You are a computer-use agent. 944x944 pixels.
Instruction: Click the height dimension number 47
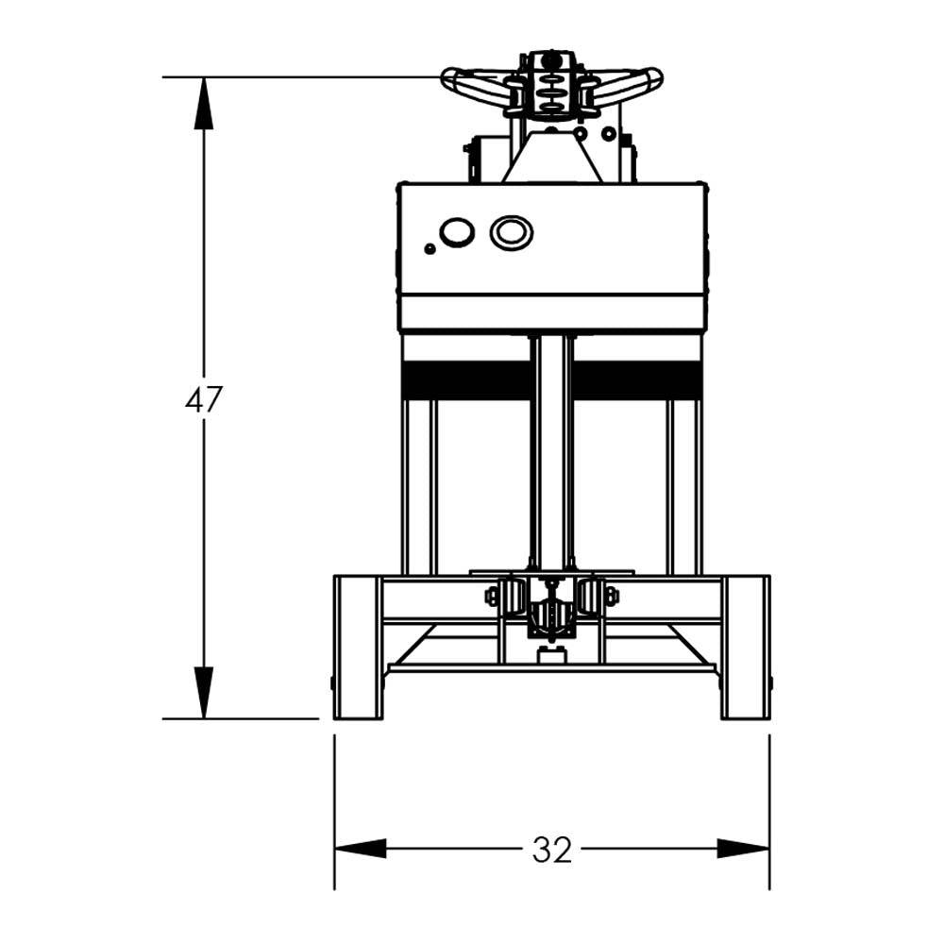(203, 400)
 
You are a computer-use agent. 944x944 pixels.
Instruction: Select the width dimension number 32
(551, 850)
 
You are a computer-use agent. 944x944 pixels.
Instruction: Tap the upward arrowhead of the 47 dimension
(203, 103)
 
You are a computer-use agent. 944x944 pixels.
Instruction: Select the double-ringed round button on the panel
(511, 232)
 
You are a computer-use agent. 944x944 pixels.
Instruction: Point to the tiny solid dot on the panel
(430, 249)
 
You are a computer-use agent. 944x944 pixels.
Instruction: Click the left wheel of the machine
(358, 647)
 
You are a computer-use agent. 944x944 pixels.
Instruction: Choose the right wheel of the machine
(746, 647)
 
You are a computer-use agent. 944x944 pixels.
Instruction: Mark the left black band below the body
(465, 380)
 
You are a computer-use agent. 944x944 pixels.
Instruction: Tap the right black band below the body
(637, 380)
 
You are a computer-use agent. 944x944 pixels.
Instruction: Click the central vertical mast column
(551, 453)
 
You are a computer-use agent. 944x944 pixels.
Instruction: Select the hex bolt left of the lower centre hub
(492, 596)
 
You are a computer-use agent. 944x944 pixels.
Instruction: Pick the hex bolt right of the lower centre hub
(611, 596)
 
